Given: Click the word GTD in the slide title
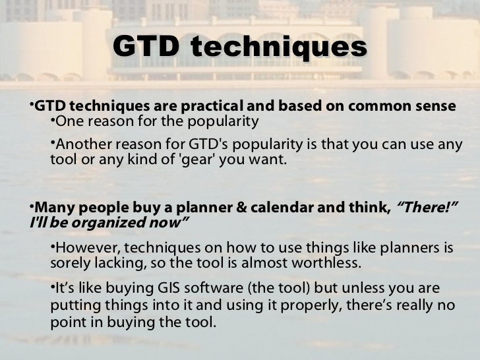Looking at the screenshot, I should tap(146, 47).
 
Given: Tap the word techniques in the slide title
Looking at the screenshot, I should tap(278, 47).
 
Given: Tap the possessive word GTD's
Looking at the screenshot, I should tap(210, 144).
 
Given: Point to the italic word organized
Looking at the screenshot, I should tap(110, 223).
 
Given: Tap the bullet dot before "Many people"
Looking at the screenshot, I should tap(33, 206).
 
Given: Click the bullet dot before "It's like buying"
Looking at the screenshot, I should tap(53, 289).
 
